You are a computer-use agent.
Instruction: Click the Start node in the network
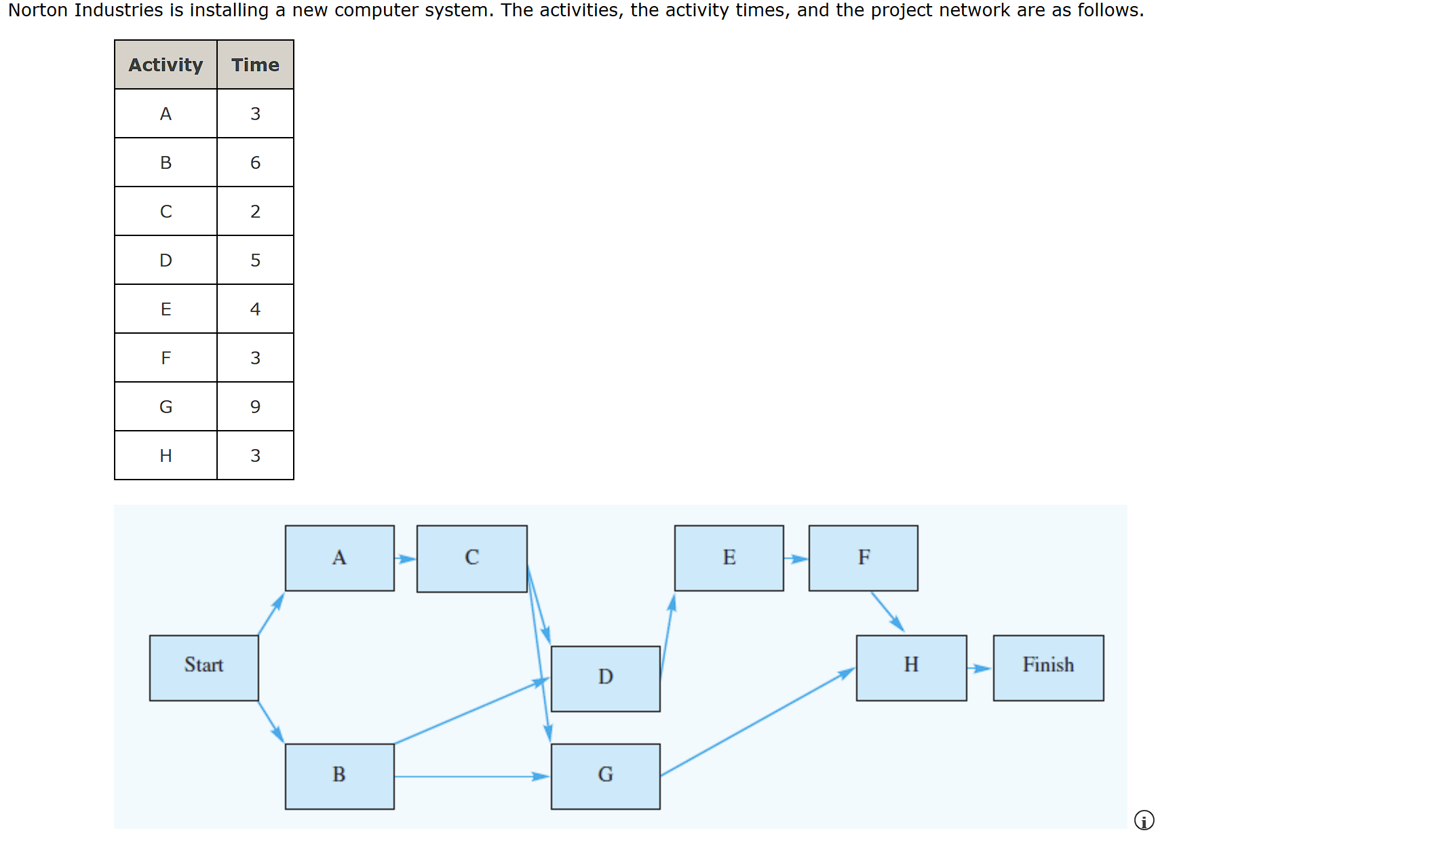[204, 667]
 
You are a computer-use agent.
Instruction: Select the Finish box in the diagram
[1048, 667]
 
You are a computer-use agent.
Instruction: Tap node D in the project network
[606, 678]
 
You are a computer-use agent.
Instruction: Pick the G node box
[606, 776]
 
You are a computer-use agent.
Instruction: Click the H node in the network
[912, 667]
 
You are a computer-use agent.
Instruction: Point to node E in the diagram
[729, 558]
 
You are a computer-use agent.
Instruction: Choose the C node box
[472, 558]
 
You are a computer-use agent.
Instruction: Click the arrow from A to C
[406, 559]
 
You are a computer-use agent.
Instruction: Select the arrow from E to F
[796, 559]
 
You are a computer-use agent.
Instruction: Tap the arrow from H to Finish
[980, 668]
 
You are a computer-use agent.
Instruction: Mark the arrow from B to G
[473, 776]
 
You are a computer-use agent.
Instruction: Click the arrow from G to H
[758, 722]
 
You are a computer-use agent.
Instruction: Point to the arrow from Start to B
[271, 722]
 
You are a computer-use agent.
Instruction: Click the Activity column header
[166, 64]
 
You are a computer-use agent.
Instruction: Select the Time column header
[255, 64]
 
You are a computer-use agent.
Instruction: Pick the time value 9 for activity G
[255, 406]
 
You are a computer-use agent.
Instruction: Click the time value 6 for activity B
[255, 162]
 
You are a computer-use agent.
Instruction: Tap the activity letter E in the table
[166, 309]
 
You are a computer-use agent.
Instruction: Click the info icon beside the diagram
[1144, 820]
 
